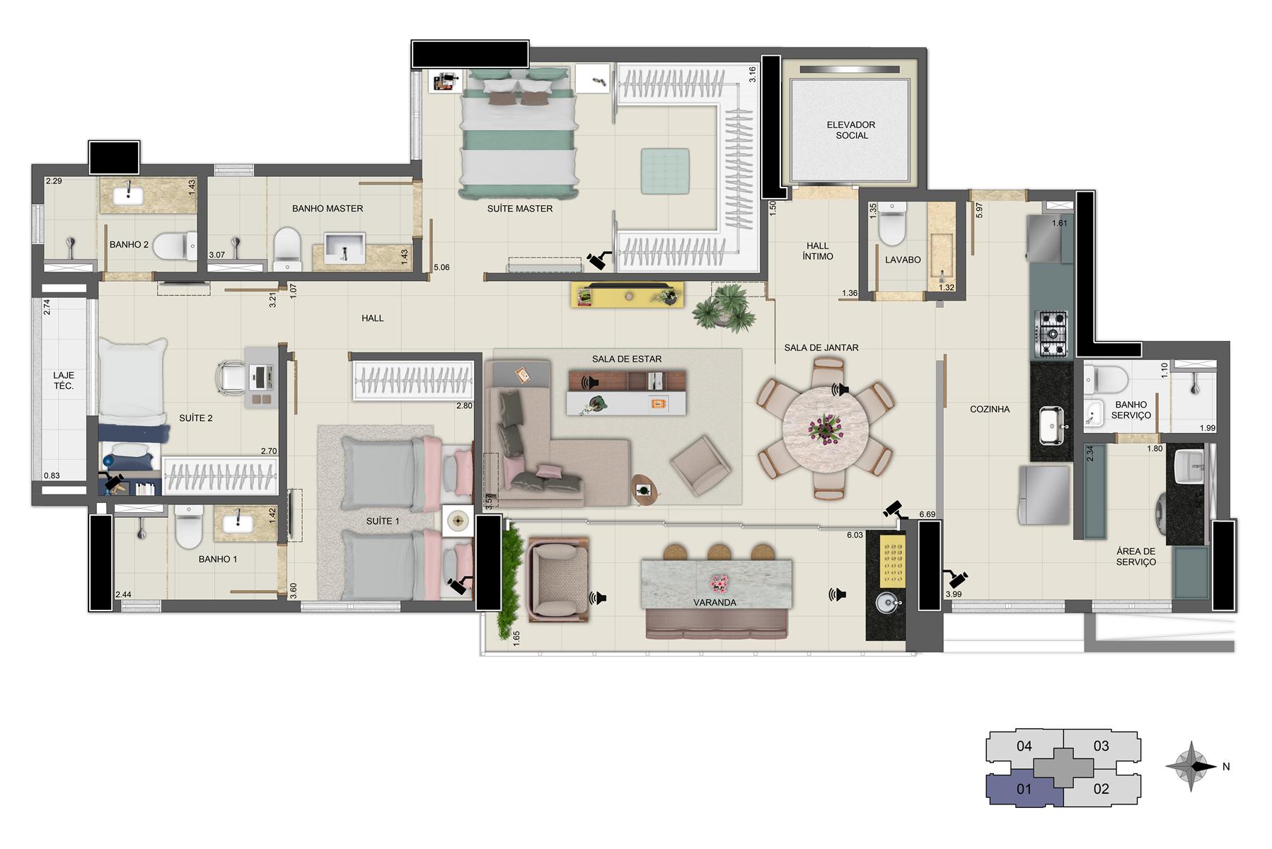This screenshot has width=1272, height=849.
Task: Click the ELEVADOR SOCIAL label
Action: coord(851,129)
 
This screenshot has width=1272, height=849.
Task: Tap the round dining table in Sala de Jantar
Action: coord(826,428)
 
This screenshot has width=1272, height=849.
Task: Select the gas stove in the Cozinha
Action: coord(1051,333)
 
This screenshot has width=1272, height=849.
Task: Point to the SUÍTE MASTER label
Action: coord(520,209)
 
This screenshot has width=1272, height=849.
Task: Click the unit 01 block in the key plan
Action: coord(1024,789)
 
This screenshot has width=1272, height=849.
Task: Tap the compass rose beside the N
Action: coord(1192,766)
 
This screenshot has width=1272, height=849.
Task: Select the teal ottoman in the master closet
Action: coord(665,171)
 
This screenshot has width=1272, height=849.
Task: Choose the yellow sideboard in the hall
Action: coord(628,294)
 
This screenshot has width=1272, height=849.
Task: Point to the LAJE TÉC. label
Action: coord(63,381)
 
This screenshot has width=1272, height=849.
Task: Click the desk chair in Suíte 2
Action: coord(232,375)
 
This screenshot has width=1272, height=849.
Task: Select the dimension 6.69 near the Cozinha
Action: coord(927,514)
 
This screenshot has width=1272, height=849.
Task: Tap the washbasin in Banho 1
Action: coord(238,524)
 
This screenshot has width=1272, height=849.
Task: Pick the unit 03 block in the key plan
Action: coord(1102,746)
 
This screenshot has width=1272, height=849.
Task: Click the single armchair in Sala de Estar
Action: coord(700,465)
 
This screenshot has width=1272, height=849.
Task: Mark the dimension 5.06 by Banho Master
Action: coord(441,267)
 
